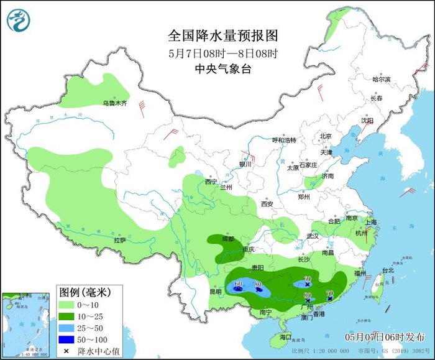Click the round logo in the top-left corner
[19, 20]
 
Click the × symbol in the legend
[65, 351]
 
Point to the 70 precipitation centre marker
[329, 297]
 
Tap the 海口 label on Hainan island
[285, 336]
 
